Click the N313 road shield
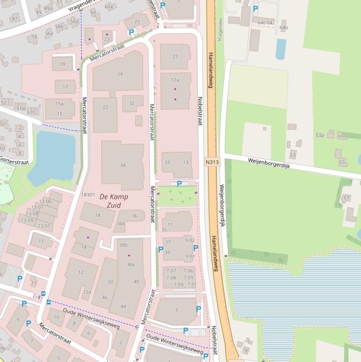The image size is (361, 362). (211, 162)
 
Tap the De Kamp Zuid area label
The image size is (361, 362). (110, 201)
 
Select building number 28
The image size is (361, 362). (120, 74)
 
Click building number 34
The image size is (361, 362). (123, 165)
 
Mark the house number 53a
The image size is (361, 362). (320, 135)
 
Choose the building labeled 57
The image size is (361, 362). (346, 198)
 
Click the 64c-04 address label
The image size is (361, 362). (265, 22)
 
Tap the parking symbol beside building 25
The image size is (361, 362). (131, 32)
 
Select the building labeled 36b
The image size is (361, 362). (121, 223)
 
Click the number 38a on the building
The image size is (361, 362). (130, 264)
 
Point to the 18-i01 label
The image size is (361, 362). (88, 194)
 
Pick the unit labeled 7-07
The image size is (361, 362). (171, 271)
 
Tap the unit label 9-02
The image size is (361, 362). (190, 240)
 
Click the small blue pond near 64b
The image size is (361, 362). (281, 49)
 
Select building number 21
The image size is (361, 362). (175, 57)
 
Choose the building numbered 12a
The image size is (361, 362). (87, 292)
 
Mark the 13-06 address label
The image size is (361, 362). (45, 201)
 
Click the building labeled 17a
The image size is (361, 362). (175, 80)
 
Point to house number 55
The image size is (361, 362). (342, 162)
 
